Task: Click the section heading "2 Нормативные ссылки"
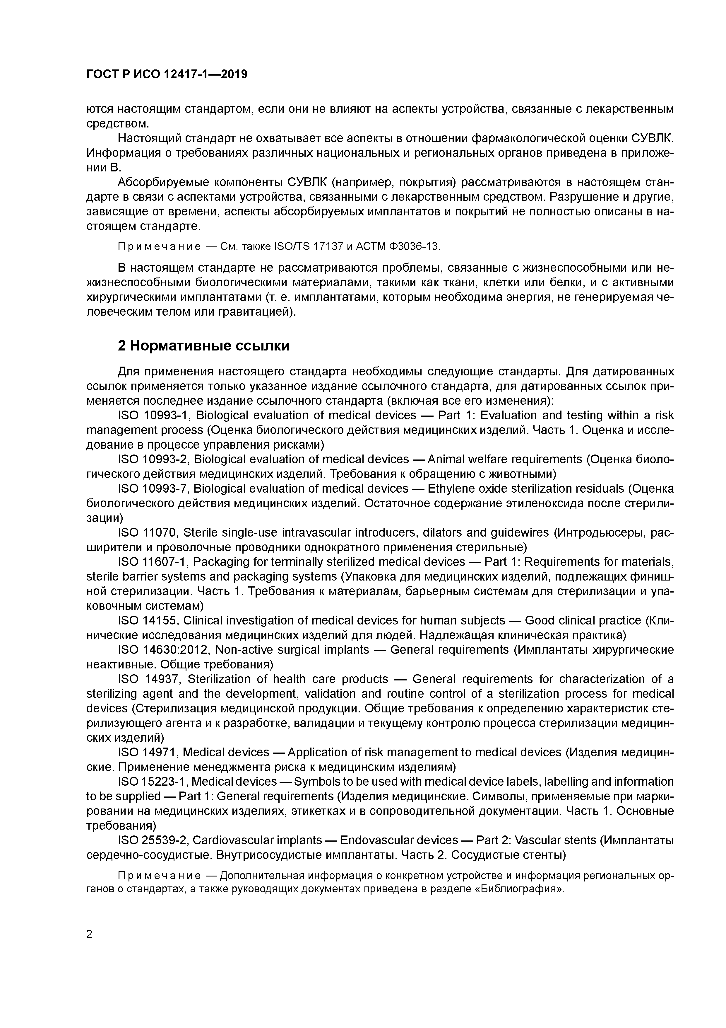click(x=203, y=346)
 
